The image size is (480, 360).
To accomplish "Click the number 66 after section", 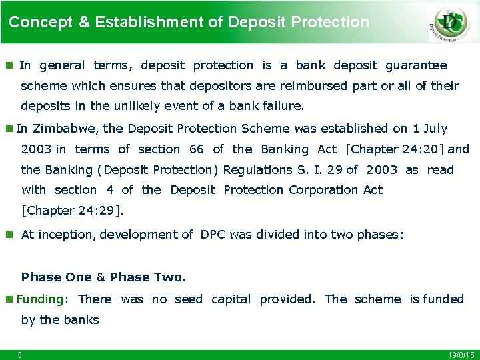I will pyautogui.click(x=197, y=149).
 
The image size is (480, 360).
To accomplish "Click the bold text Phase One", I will pyautogui.click(x=57, y=277).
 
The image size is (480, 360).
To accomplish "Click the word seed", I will pyautogui.click(x=188, y=299).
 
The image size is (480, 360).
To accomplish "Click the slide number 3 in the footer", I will pyautogui.click(x=20, y=355).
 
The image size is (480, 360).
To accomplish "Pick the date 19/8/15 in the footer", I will pyautogui.click(x=461, y=355).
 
